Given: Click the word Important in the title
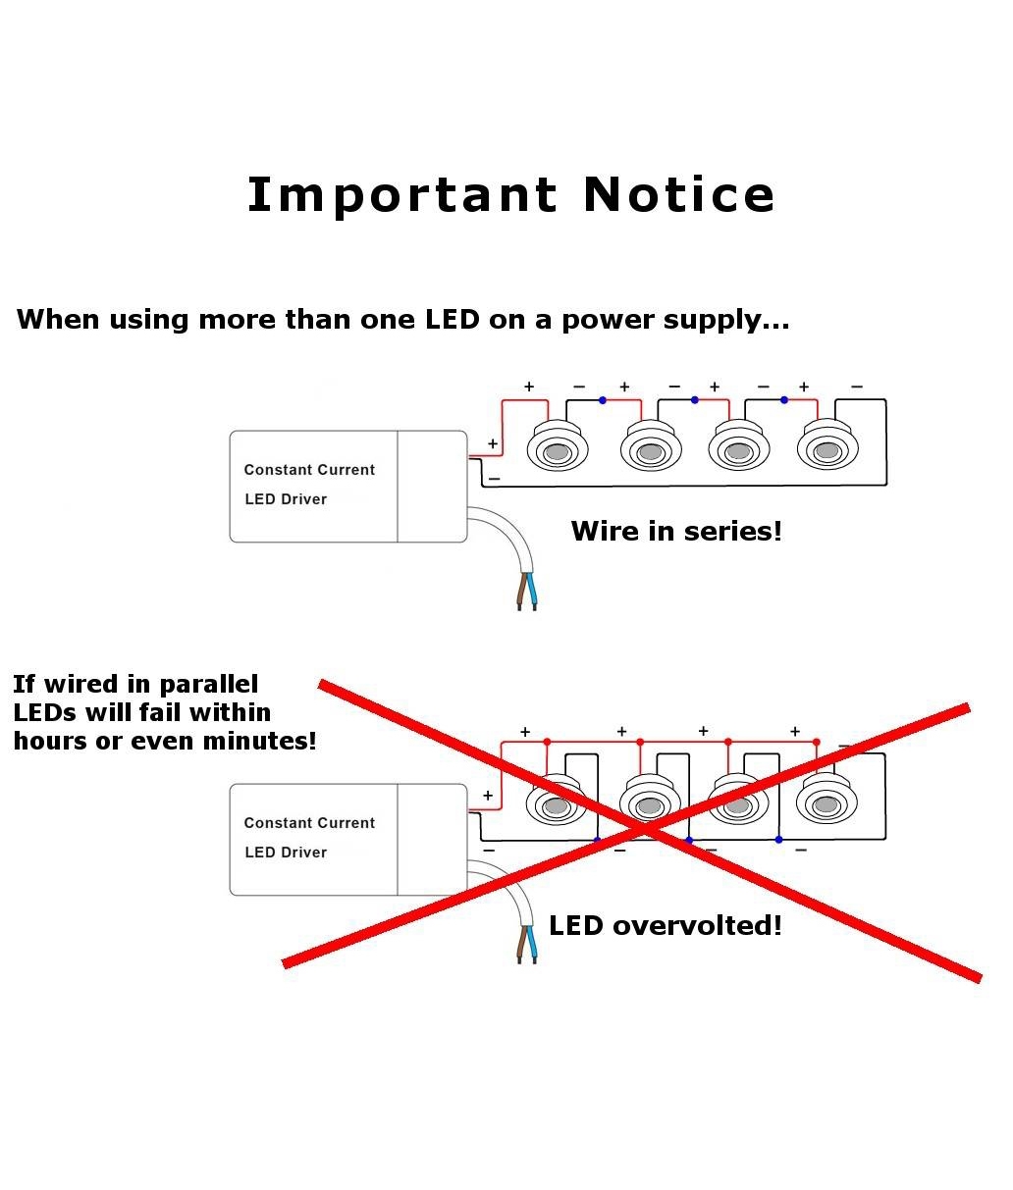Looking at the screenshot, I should (401, 195).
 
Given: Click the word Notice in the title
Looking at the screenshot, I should (678, 195).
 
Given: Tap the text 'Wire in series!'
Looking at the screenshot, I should (676, 531).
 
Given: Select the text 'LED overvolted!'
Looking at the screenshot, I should (665, 925).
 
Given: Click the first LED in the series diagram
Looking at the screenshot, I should (557, 450).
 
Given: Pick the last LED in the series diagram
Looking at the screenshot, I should (826, 450).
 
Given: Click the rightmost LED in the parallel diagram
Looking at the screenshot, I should (826, 803).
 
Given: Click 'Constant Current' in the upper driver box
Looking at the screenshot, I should (309, 470).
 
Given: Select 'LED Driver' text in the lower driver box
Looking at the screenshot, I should (286, 853).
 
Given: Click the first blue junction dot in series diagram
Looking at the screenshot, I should (603, 400).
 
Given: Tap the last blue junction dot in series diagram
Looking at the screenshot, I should (783, 400).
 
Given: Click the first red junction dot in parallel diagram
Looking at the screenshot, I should (547, 742).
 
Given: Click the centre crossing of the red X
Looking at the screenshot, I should (642, 830).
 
